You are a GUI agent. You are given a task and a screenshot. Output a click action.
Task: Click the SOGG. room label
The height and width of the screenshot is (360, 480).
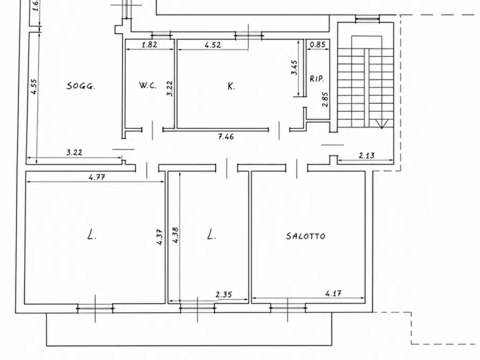coord(81,86)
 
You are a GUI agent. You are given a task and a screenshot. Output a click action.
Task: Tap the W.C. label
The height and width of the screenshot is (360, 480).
coord(148,85)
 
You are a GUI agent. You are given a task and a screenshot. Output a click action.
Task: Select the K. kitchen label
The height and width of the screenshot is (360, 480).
coord(232,87)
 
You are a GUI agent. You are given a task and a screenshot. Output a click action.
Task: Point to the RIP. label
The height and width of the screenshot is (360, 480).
coord(317,79)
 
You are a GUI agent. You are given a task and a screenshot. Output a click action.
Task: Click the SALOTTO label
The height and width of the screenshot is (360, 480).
coord(306,236)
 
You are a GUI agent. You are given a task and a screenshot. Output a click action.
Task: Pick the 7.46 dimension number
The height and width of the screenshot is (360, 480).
coord(226,136)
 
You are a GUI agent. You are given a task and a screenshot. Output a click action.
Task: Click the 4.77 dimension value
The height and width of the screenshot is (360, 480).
coord(97,177)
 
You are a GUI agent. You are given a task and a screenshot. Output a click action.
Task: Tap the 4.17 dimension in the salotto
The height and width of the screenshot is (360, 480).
coord(333,293)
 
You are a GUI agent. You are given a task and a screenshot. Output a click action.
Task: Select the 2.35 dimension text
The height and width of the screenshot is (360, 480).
coord(224,294)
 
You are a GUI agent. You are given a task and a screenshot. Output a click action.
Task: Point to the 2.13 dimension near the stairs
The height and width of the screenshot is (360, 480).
coord(367,155)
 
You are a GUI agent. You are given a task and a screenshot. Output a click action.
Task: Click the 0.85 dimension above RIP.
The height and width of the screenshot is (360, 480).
coord(318,45)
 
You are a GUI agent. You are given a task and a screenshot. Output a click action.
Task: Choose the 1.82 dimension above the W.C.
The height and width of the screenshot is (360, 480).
coord(149,45)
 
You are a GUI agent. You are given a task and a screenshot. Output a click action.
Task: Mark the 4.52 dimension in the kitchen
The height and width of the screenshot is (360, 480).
coord(213,45)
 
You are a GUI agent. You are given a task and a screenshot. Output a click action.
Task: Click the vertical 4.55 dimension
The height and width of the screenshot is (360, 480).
coord(34,87)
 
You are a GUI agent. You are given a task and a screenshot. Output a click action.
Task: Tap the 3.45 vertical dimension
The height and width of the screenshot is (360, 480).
coord(294,67)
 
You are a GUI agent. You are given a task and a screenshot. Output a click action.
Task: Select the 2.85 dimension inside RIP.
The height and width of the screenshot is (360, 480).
coord(325,99)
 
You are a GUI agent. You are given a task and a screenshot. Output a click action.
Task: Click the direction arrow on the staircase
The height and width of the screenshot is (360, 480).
coord(382,124)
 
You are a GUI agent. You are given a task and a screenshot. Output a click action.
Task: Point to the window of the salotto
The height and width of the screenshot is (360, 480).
coord(288,308)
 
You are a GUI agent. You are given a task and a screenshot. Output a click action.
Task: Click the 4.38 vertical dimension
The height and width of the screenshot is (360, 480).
coord(175,235)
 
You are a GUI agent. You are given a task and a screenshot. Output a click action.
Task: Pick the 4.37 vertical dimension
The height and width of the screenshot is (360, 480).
coord(160,237)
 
